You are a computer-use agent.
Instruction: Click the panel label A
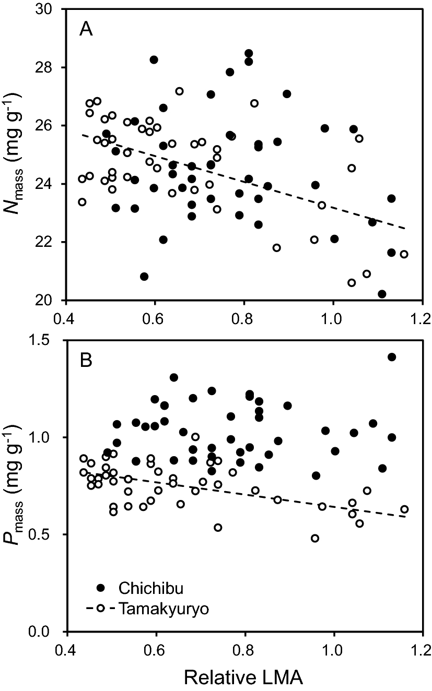[86, 30]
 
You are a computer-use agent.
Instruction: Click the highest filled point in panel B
[392, 357]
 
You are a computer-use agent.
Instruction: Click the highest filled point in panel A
[249, 53]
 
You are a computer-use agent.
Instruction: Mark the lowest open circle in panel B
[314, 538]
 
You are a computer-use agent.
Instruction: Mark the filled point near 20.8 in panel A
[144, 276]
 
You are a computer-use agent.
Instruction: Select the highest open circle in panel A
[179, 91]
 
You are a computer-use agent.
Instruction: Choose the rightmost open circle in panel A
[404, 254]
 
